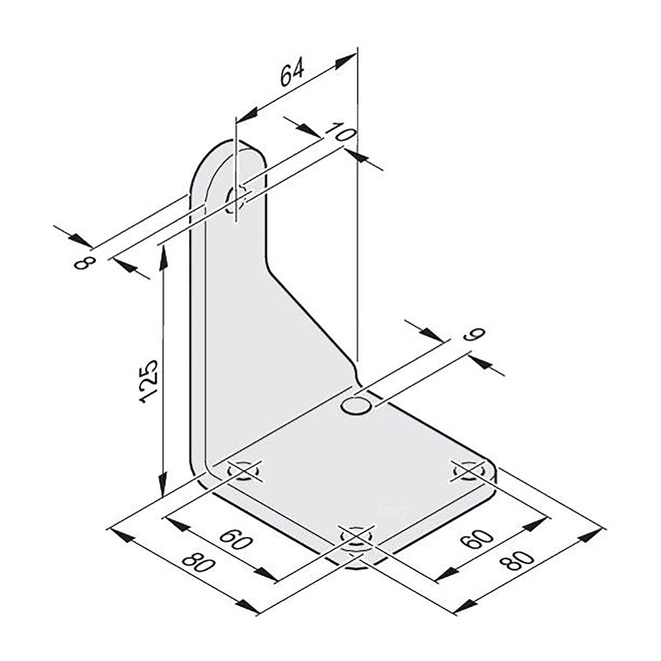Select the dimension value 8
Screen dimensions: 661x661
[x=84, y=263]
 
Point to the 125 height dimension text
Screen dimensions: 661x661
[x=149, y=381]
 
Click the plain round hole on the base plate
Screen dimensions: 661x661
[x=355, y=407]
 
